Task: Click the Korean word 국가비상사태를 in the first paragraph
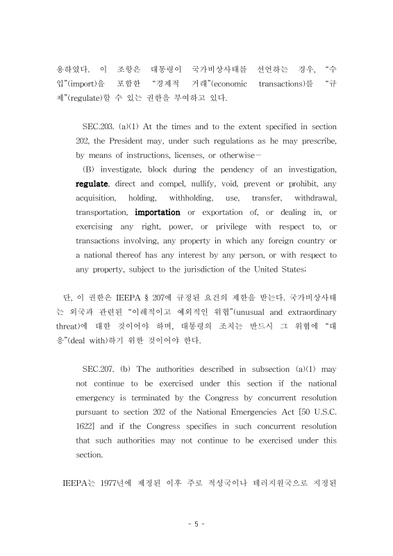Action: pos(204,69)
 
